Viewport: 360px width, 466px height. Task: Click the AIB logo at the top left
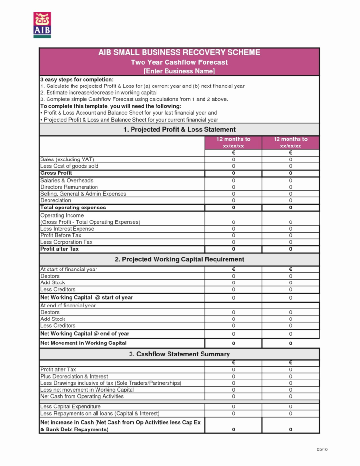(x=42, y=25)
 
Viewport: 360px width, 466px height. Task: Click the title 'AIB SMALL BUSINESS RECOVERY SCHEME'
(x=179, y=52)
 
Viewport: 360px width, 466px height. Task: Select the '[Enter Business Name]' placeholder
(x=179, y=71)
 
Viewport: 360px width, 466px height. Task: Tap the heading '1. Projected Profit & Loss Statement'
(x=179, y=129)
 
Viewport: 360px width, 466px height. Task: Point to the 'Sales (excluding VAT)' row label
(x=67, y=159)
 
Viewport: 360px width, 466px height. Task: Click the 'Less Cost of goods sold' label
(x=70, y=166)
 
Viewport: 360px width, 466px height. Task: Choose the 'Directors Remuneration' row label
(x=69, y=187)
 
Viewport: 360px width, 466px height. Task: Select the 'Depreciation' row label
(x=56, y=200)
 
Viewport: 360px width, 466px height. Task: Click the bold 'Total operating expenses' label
(x=73, y=208)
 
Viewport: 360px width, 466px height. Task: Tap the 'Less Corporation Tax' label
(x=66, y=242)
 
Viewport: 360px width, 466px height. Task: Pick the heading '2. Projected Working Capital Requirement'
(x=179, y=259)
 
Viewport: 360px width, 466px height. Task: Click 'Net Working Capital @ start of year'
(x=86, y=298)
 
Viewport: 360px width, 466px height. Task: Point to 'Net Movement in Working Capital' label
(x=84, y=343)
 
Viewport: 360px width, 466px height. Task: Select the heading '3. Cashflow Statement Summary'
(x=179, y=354)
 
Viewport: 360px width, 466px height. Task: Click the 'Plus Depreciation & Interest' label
(x=74, y=376)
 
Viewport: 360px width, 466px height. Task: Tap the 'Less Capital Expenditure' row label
(x=71, y=406)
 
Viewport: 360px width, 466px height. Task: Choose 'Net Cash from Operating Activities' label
(x=82, y=396)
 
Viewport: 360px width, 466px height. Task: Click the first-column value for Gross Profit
(x=233, y=173)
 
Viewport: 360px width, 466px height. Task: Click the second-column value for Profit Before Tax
(x=290, y=236)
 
